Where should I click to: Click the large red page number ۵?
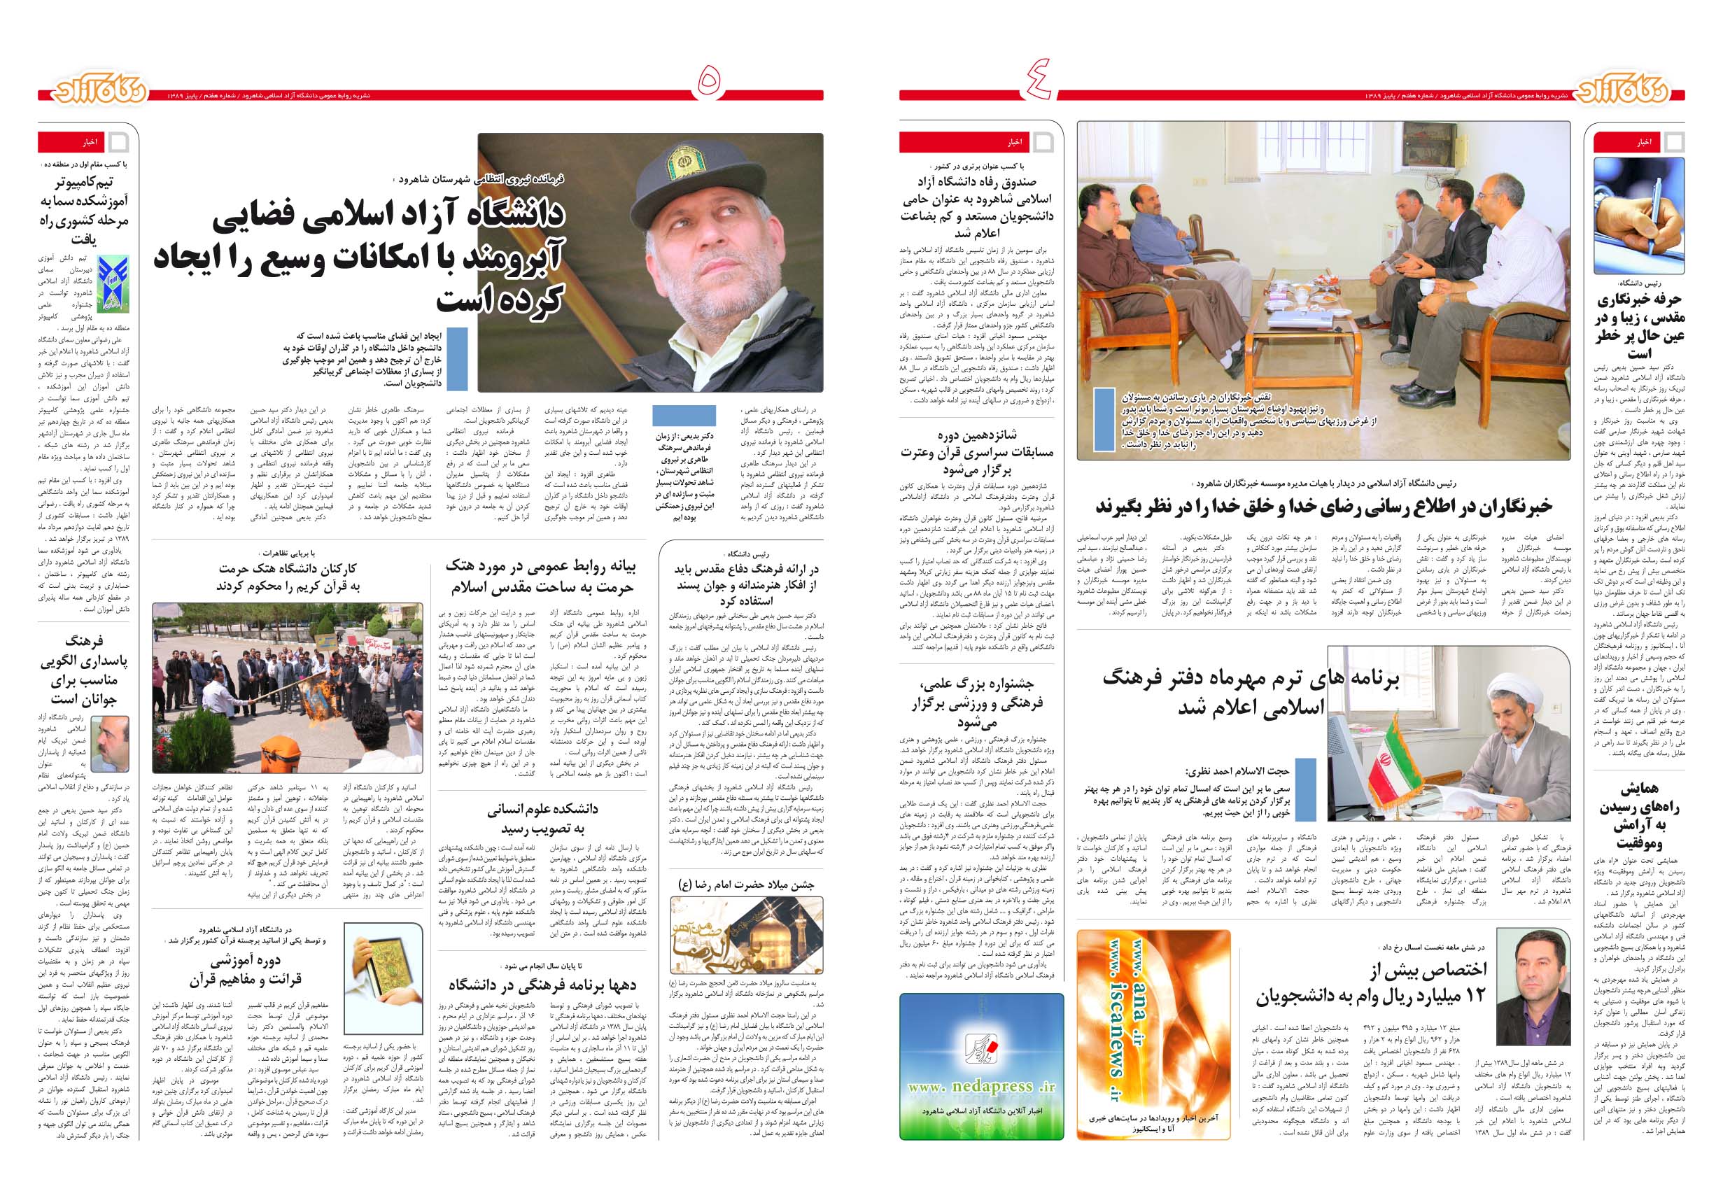click(x=710, y=82)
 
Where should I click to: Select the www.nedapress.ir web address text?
click(x=981, y=1087)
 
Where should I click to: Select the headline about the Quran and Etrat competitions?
click(x=977, y=452)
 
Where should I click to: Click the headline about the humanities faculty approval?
click(x=542, y=819)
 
